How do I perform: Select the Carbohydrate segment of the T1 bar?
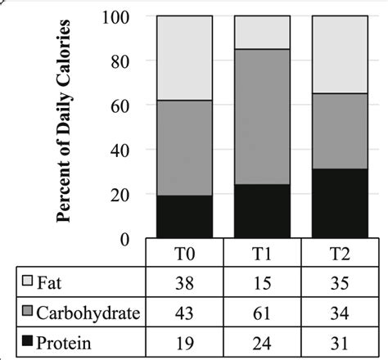263,116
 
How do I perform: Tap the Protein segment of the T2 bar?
340,204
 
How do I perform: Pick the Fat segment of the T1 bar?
263,32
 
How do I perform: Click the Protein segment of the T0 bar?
184,217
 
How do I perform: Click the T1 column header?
262,252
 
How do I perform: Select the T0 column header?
184,252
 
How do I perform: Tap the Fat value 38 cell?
184,283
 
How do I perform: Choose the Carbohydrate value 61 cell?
262,313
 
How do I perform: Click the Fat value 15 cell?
262,283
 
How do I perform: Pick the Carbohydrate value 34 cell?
340,313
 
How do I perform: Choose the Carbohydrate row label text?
84,313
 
